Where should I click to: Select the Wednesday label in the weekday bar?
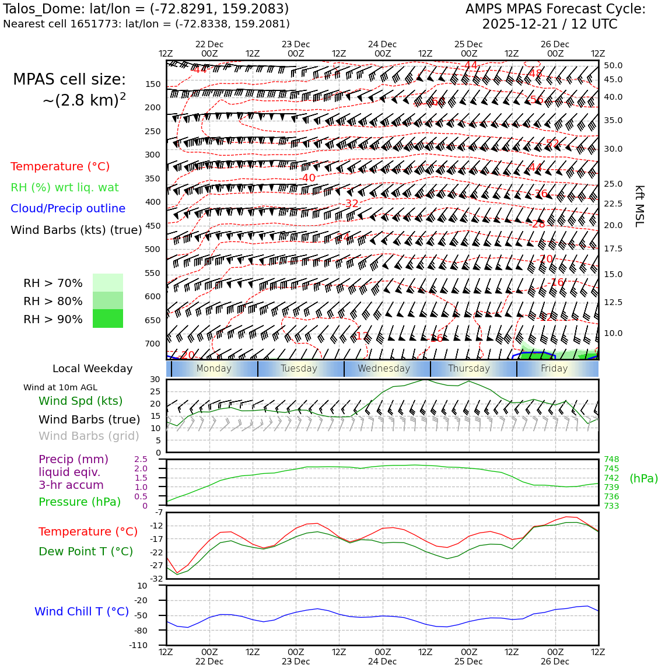[x=384, y=369]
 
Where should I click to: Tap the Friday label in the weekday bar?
[x=554, y=369]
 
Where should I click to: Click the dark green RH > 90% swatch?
[x=108, y=318]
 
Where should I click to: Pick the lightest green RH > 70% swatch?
[x=108, y=283]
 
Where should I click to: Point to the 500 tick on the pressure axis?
[x=152, y=249]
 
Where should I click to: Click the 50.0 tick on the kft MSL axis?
[x=613, y=65]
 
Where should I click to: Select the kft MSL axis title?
[x=639, y=206]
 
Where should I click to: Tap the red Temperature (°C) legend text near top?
[x=60, y=166]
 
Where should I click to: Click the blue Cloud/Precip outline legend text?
[x=68, y=208]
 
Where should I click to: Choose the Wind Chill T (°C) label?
[x=82, y=611]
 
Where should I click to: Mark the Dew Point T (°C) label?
[x=86, y=551]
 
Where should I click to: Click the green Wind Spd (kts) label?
[x=80, y=401]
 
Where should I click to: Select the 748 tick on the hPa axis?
[x=611, y=459]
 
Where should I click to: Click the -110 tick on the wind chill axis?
[x=138, y=645]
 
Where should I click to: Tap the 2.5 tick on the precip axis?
[x=141, y=459]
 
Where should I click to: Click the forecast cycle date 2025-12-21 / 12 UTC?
[x=549, y=24]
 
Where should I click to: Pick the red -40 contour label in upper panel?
[x=308, y=178]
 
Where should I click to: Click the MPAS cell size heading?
[x=69, y=79]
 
